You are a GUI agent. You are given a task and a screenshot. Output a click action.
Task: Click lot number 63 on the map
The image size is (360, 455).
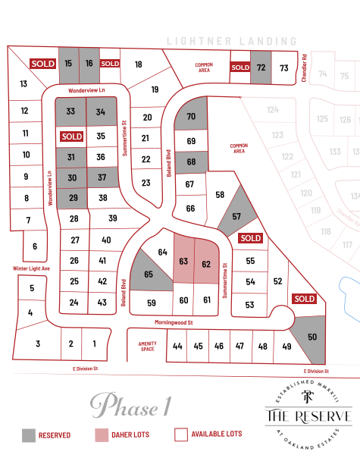tap(183, 262)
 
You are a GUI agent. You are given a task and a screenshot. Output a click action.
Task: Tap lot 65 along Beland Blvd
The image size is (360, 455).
tap(149, 274)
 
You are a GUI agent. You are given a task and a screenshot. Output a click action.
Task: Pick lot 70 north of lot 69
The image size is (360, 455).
tap(191, 116)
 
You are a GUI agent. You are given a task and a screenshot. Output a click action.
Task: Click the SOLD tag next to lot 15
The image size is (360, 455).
tap(42, 64)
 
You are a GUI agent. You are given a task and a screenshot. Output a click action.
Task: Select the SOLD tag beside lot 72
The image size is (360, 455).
tap(240, 67)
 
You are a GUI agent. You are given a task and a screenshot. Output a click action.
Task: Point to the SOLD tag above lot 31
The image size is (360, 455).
tap(72, 136)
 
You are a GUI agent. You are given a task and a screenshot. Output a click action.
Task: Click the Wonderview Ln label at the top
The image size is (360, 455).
tap(85, 89)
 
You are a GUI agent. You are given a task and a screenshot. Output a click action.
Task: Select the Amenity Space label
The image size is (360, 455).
tap(147, 347)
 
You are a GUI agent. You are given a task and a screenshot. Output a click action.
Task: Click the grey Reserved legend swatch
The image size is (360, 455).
tap(29, 435)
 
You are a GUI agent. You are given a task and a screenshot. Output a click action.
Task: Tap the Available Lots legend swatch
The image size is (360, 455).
tap(181, 435)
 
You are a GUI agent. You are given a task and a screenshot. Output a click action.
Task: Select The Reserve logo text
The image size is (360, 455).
tap(308, 416)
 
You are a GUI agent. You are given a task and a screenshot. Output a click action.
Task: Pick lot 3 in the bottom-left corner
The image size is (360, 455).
tap(38, 344)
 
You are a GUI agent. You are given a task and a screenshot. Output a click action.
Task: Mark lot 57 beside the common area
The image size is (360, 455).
tap(236, 216)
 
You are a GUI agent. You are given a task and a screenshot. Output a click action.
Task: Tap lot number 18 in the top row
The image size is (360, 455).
tap(138, 64)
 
